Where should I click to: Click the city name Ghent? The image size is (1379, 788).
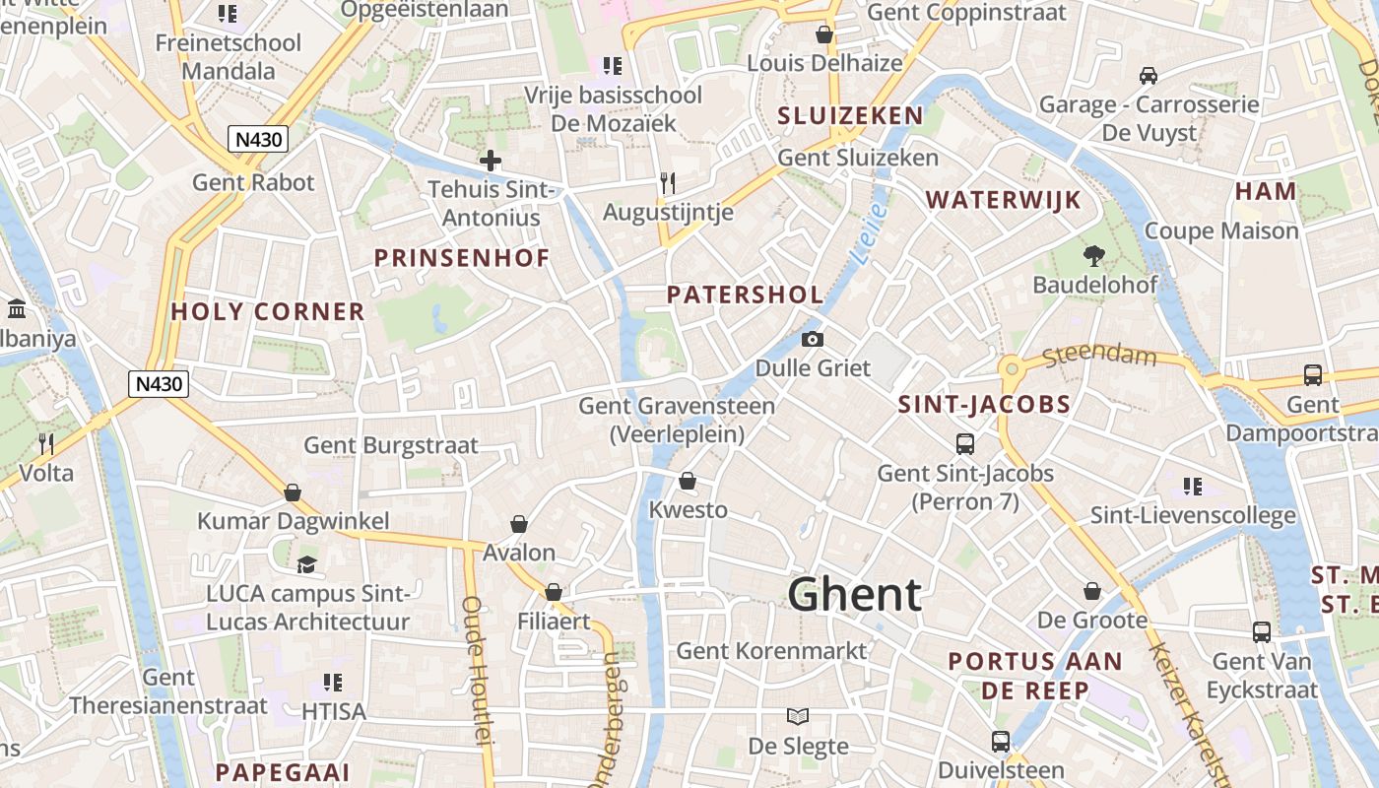coord(854,595)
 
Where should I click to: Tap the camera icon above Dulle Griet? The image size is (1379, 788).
coord(813,340)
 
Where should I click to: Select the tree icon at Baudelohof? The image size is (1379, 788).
coord(1093,256)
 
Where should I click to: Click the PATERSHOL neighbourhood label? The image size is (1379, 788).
coord(745,295)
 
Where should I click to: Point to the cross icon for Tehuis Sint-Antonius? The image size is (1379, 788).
coord(490,161)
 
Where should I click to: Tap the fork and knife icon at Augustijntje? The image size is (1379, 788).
coord(668,182)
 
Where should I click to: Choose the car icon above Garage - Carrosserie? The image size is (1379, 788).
coord(1148,76)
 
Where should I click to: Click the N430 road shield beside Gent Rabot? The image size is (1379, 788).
coord(258,139)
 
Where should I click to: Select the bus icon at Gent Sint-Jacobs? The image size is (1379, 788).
coord(964,444)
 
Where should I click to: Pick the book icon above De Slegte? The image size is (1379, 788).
coord(797,716)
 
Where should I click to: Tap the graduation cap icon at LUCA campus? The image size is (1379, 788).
coord(306,565)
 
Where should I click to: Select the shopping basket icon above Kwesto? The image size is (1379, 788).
coord(688,481)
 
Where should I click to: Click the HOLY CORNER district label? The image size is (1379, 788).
coord(268,312)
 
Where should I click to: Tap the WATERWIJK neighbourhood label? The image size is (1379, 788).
coord(1003,200)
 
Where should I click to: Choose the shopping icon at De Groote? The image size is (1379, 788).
coord(1092,591)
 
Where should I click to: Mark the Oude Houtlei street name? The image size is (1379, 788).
coord(475,670)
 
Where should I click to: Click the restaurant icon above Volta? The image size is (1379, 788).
coord(46,443)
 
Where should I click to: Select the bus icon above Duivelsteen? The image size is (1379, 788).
coord(1001,742)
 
